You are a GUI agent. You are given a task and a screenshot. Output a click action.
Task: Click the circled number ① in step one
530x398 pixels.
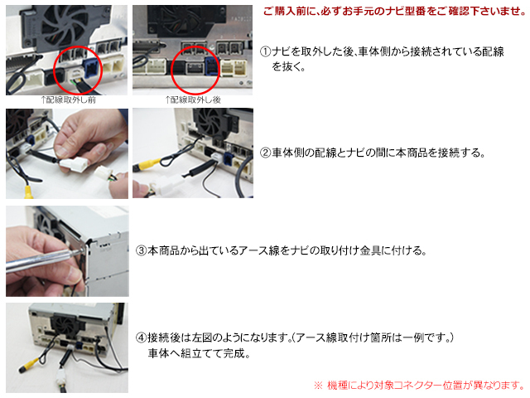[266, 51]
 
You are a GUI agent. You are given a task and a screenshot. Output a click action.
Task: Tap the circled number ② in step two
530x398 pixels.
[266, 153]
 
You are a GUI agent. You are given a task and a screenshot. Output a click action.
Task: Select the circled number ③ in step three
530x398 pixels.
[141, 250]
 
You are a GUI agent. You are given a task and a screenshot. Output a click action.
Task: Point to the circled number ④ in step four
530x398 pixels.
[141, 337]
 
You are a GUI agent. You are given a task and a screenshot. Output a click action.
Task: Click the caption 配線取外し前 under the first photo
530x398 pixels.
[71, 99]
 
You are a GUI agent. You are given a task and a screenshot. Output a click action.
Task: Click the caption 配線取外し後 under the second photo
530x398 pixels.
[195, 99]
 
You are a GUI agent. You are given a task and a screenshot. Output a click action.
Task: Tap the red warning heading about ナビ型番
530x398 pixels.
[394, 11]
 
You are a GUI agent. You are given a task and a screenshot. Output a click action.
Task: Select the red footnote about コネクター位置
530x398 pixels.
[420, 385]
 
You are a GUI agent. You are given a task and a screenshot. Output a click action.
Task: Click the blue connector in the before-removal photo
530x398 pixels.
[92, 68]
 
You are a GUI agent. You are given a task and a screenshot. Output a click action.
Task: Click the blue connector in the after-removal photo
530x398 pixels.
[212, 66]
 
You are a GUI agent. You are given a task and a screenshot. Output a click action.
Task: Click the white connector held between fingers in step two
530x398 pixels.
[74, 164]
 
